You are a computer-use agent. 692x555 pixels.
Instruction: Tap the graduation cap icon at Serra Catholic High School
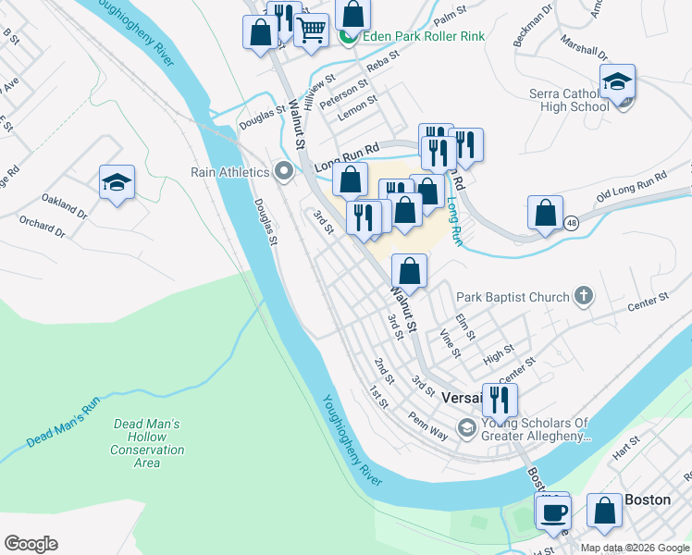pos(617,81)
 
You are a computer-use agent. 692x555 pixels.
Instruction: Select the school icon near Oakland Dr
pos(117,181)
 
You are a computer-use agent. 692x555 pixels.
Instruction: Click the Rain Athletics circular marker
pos(284,171)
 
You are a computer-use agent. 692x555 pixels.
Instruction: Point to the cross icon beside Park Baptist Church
pos(583,297)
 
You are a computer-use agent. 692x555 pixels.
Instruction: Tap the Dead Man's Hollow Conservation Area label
pos(147,443)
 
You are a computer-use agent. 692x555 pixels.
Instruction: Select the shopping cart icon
pos(311,30)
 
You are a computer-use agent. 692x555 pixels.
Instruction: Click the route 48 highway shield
pos(573,223)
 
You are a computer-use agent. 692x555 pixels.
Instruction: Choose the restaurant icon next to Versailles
pos(500,399)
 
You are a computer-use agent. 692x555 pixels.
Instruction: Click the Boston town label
pos(648,499)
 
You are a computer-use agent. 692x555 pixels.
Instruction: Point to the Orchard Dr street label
pos(42,227)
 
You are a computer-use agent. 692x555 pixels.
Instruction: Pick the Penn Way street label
pos(427,421)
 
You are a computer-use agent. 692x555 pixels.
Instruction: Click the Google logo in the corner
pos(31,544)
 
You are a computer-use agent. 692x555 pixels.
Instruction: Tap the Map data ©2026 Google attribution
pos(635,548)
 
